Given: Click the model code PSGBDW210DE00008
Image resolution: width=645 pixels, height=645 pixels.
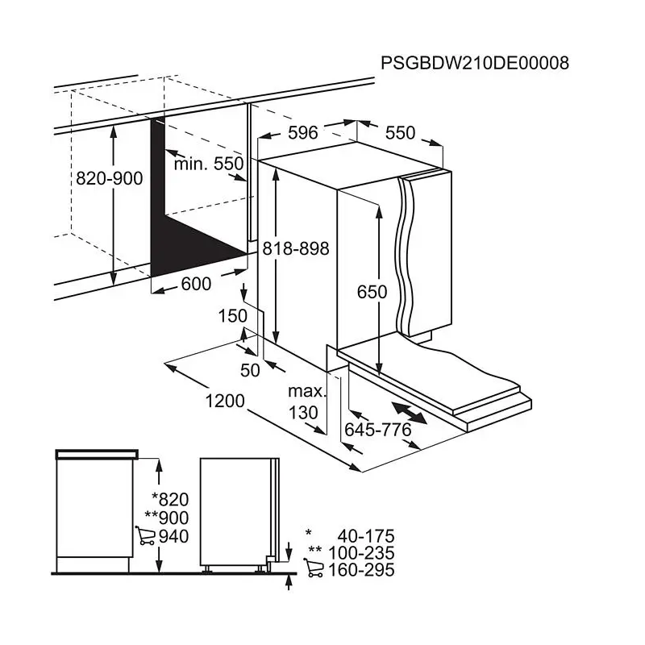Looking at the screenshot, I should click(474, 64).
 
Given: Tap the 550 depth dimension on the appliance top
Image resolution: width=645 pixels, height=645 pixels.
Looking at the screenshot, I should click(400, 133).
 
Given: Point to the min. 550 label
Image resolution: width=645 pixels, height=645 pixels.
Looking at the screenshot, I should click(209, 164).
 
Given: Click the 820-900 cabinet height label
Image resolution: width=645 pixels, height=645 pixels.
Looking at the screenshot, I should click(109, 179).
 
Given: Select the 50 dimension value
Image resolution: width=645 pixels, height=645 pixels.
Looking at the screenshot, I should click(250, 370).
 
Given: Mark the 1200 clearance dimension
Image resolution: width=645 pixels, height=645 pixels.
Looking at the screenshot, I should click(224, 401).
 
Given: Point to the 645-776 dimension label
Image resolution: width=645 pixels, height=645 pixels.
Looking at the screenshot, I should click(378, 430).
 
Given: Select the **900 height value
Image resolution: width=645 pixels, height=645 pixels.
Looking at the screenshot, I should click(166, 518).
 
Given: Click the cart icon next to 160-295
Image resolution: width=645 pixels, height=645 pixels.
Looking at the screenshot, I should click(314, 570).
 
